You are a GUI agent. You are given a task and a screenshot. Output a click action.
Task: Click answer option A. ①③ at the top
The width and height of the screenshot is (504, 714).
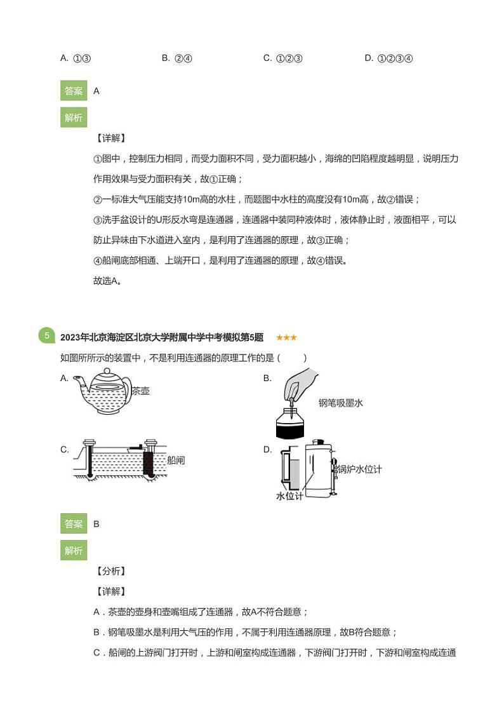(76, 58)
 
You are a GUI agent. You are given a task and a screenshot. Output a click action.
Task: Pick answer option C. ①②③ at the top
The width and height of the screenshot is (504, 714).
(282, 58)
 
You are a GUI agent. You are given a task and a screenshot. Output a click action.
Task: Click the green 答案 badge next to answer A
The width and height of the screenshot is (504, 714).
(73, 91)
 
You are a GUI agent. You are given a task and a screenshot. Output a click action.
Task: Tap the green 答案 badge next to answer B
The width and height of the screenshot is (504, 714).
(73, 524)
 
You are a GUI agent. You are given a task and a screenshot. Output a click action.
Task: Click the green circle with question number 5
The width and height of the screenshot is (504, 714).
(46, 336)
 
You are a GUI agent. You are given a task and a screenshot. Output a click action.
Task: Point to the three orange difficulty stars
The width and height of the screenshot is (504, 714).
(286, 337)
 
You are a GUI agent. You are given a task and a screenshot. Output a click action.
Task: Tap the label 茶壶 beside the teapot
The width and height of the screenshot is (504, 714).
(140, 391)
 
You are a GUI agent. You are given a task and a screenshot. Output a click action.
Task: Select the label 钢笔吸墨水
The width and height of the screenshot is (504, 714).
(341, 403)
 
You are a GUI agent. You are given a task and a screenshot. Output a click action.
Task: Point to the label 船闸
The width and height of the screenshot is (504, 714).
(176, 460)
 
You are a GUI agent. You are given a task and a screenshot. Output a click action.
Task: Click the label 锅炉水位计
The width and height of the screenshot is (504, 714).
(359, 469)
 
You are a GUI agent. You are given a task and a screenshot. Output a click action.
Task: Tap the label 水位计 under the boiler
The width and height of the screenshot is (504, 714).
(289, 496)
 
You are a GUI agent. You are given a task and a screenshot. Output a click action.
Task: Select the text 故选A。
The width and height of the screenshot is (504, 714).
(107, 281)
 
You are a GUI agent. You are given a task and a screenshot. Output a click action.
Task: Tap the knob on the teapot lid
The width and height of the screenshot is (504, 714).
(105, 370)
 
